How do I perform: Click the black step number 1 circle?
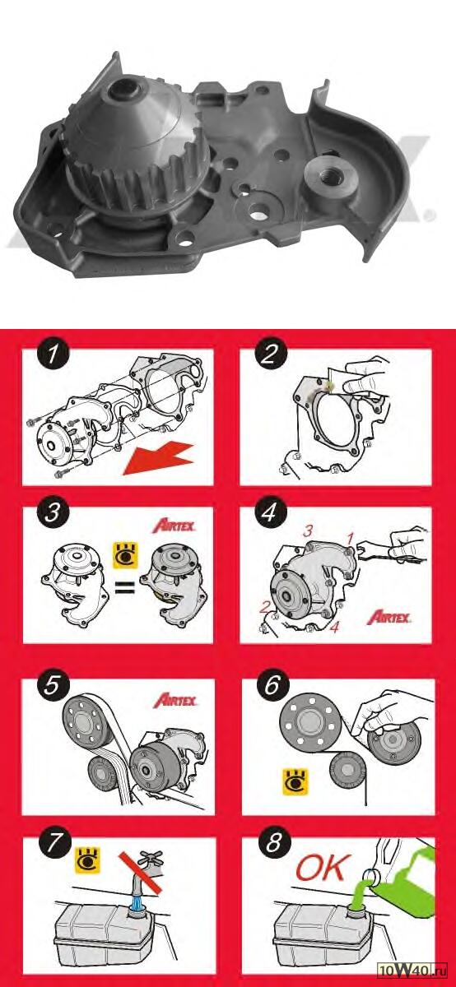pos(53,354)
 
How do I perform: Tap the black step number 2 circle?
pos(269,354)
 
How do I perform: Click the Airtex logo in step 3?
pos(174,526)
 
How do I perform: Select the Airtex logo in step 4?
pos(389,617)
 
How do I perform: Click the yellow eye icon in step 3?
pos(125,555)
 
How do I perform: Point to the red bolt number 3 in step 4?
pos(308,531)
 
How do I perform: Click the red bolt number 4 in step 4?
pos(335,627)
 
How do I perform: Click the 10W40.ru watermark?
pos(412,978)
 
